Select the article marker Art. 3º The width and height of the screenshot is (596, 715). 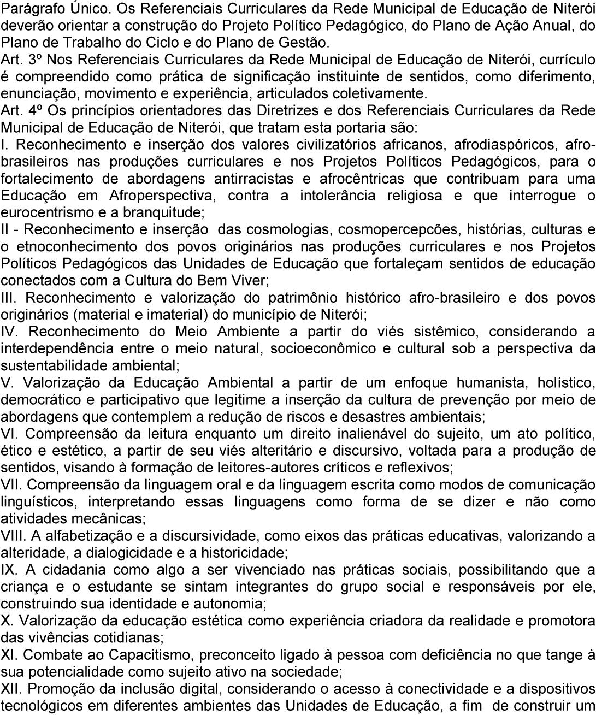(x=21, y=60)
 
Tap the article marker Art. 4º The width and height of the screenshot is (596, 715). (x=21, y=111)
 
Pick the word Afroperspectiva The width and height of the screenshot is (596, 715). (x=161, y=196)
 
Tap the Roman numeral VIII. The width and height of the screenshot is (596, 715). (x=11, y=535)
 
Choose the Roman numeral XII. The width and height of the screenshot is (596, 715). (x=10, y=688)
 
